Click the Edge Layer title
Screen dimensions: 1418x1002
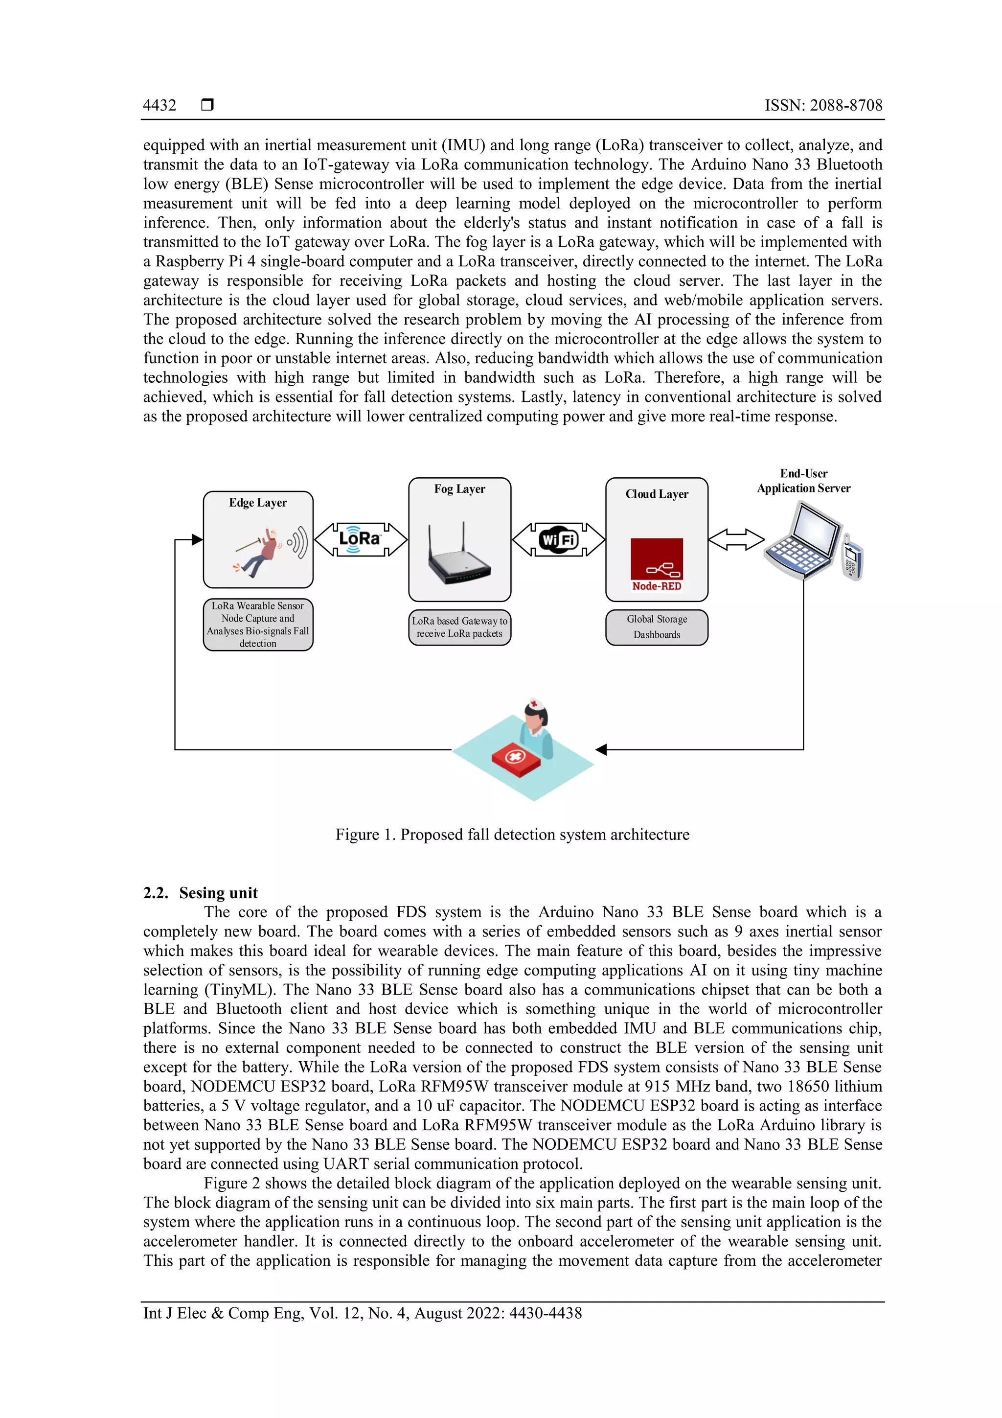click(x=257, y=503)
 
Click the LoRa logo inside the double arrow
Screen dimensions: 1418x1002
click(x=360, y=539)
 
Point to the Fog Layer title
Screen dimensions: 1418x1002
click(x=459, y=489)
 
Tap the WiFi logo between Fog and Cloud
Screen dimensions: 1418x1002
click(x=558, y=540)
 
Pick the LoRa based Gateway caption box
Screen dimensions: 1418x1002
click(x=459, y=628)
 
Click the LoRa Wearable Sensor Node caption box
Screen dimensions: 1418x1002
click(x=257, y=625)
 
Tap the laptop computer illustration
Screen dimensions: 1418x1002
click(x=802, y=540)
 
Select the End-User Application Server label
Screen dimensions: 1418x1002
click(x=803, y=481)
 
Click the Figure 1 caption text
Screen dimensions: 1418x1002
click(x=512, y=835)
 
